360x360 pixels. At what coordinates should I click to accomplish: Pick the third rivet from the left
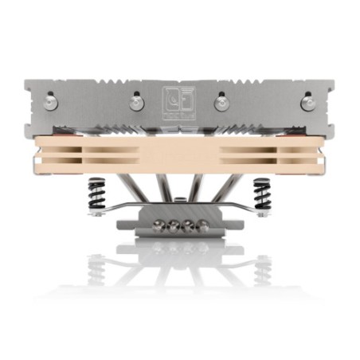click(x=221, y=102)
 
